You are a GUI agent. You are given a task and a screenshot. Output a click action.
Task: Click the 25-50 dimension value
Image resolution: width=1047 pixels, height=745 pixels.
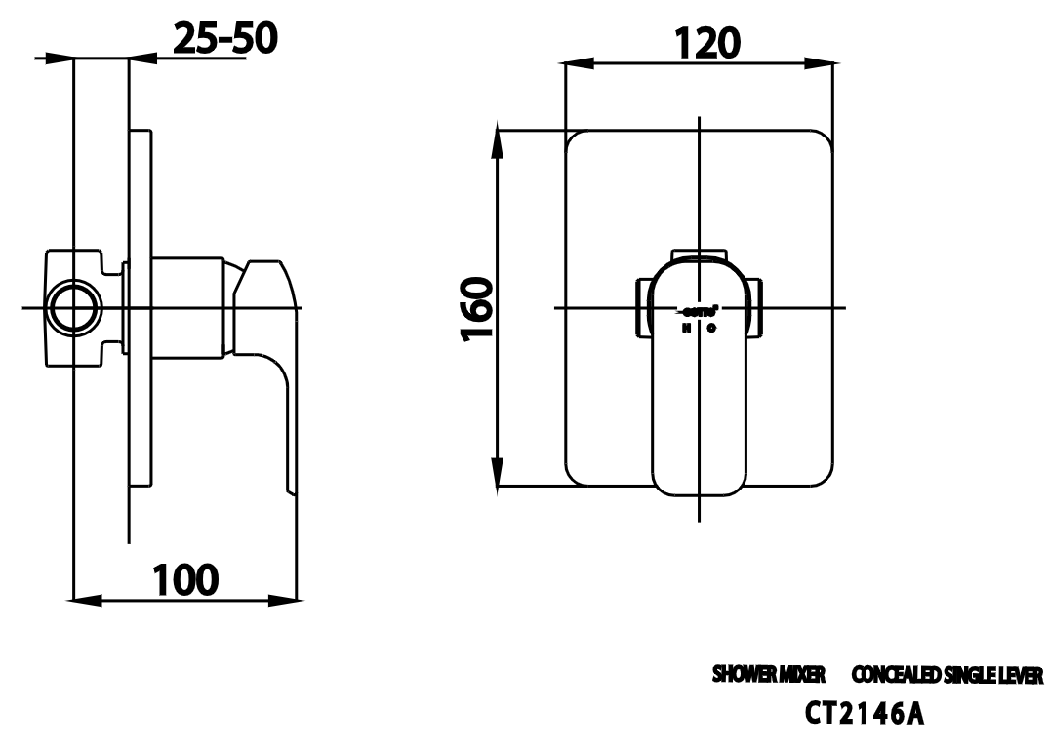[224, 39]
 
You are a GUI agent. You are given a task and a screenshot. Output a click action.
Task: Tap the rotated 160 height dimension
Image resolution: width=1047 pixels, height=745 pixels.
[475, 308]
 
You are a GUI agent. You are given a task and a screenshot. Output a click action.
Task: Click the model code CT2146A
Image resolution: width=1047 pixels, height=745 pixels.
[864, 714]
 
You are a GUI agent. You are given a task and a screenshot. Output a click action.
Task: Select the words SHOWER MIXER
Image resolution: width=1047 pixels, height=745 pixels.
[769, 675]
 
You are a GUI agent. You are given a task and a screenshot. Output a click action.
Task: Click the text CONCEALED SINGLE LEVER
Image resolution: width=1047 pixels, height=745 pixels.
[946, 675]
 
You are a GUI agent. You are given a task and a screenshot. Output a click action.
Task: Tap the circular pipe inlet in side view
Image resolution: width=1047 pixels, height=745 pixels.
[74, 308]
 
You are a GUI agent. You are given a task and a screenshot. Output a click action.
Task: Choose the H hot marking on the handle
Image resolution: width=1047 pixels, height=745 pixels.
[686, 328]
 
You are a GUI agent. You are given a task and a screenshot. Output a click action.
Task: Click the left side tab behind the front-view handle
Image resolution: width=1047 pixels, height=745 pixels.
[642, 307]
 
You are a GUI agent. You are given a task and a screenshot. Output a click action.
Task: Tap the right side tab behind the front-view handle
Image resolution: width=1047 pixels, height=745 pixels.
[758, 307]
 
